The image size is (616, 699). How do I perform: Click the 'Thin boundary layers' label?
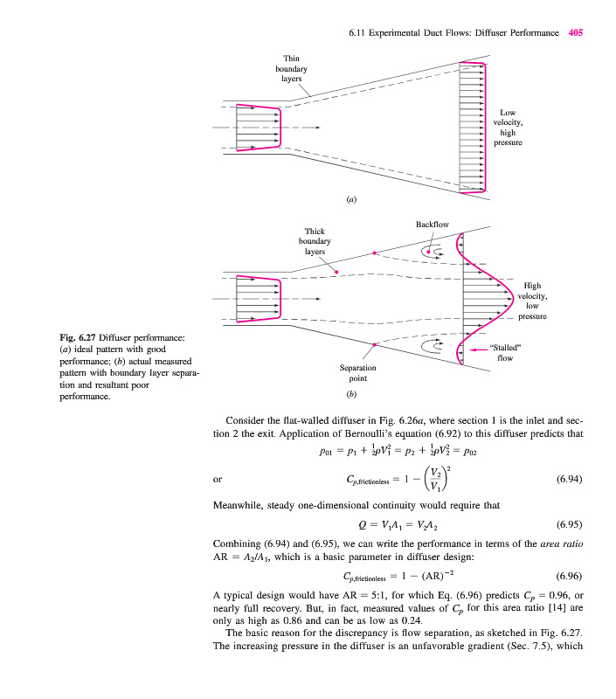291,68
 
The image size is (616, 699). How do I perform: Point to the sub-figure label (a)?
351,200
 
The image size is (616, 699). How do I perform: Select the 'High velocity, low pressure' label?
532,301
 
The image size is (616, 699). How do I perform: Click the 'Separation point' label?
357,373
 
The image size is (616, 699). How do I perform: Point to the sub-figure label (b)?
352,394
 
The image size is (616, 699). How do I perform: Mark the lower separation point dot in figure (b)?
375,346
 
